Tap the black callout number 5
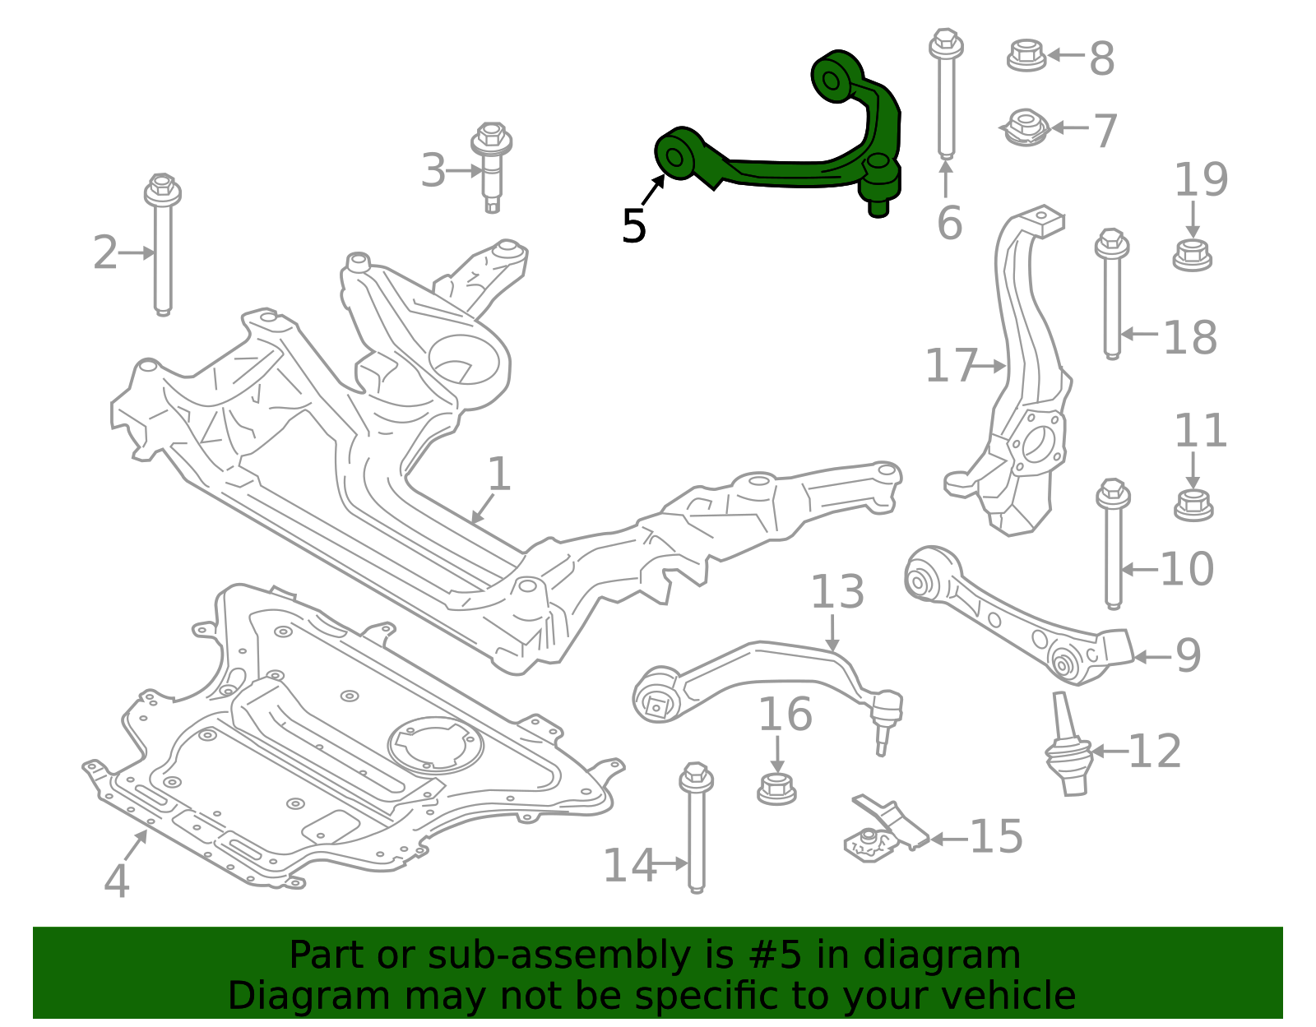point(634,226)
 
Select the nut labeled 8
point(1026,55)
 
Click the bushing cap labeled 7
point(1026,128)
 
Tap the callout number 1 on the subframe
point(499,474)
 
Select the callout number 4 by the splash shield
point(117,881)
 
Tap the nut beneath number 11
point(1193,504)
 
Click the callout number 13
point(837,592)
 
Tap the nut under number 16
point(776,789)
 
